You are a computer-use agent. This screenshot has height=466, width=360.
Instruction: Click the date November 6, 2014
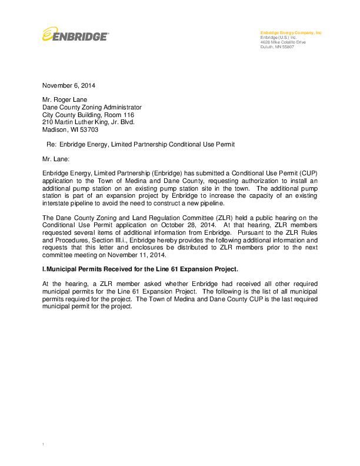68,85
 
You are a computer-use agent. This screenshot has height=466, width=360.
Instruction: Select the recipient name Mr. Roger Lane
64,100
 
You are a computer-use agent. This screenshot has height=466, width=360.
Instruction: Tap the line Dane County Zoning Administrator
92,108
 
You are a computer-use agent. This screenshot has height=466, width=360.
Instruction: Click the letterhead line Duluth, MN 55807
276,46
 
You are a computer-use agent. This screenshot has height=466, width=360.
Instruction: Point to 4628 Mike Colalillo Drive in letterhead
283,42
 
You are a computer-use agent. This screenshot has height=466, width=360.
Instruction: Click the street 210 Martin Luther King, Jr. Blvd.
88,122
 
